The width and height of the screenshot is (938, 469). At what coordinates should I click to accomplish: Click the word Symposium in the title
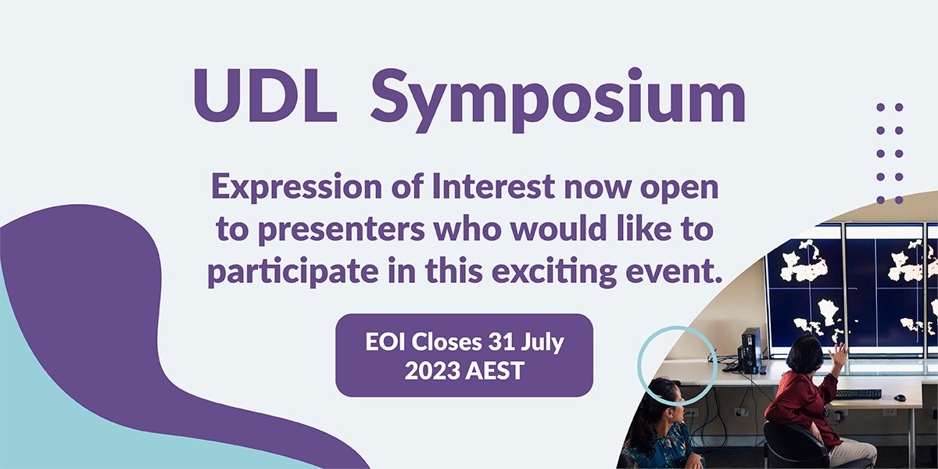[x=557, y=98]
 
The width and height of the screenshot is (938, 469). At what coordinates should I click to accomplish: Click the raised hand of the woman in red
[x=838, y=353]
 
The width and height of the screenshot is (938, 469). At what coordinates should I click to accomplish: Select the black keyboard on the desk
[x=857, y=394]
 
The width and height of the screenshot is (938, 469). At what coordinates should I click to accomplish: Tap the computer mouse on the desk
[x=900, y=398]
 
